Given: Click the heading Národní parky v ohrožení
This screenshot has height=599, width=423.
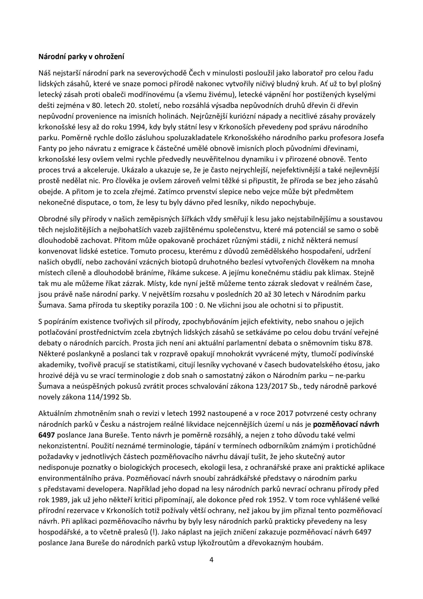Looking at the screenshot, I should (x=81, y=57).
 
